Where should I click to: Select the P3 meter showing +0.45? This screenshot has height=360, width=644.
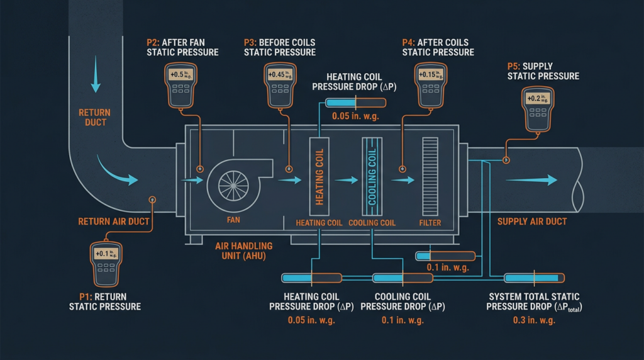279,84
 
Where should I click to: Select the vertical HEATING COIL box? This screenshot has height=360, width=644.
319,176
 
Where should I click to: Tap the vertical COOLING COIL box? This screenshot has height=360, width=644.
372,176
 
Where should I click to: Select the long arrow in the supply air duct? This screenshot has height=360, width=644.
531,180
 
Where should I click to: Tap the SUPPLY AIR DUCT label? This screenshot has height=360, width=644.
532,222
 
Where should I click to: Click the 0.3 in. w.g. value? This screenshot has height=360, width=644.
533,320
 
